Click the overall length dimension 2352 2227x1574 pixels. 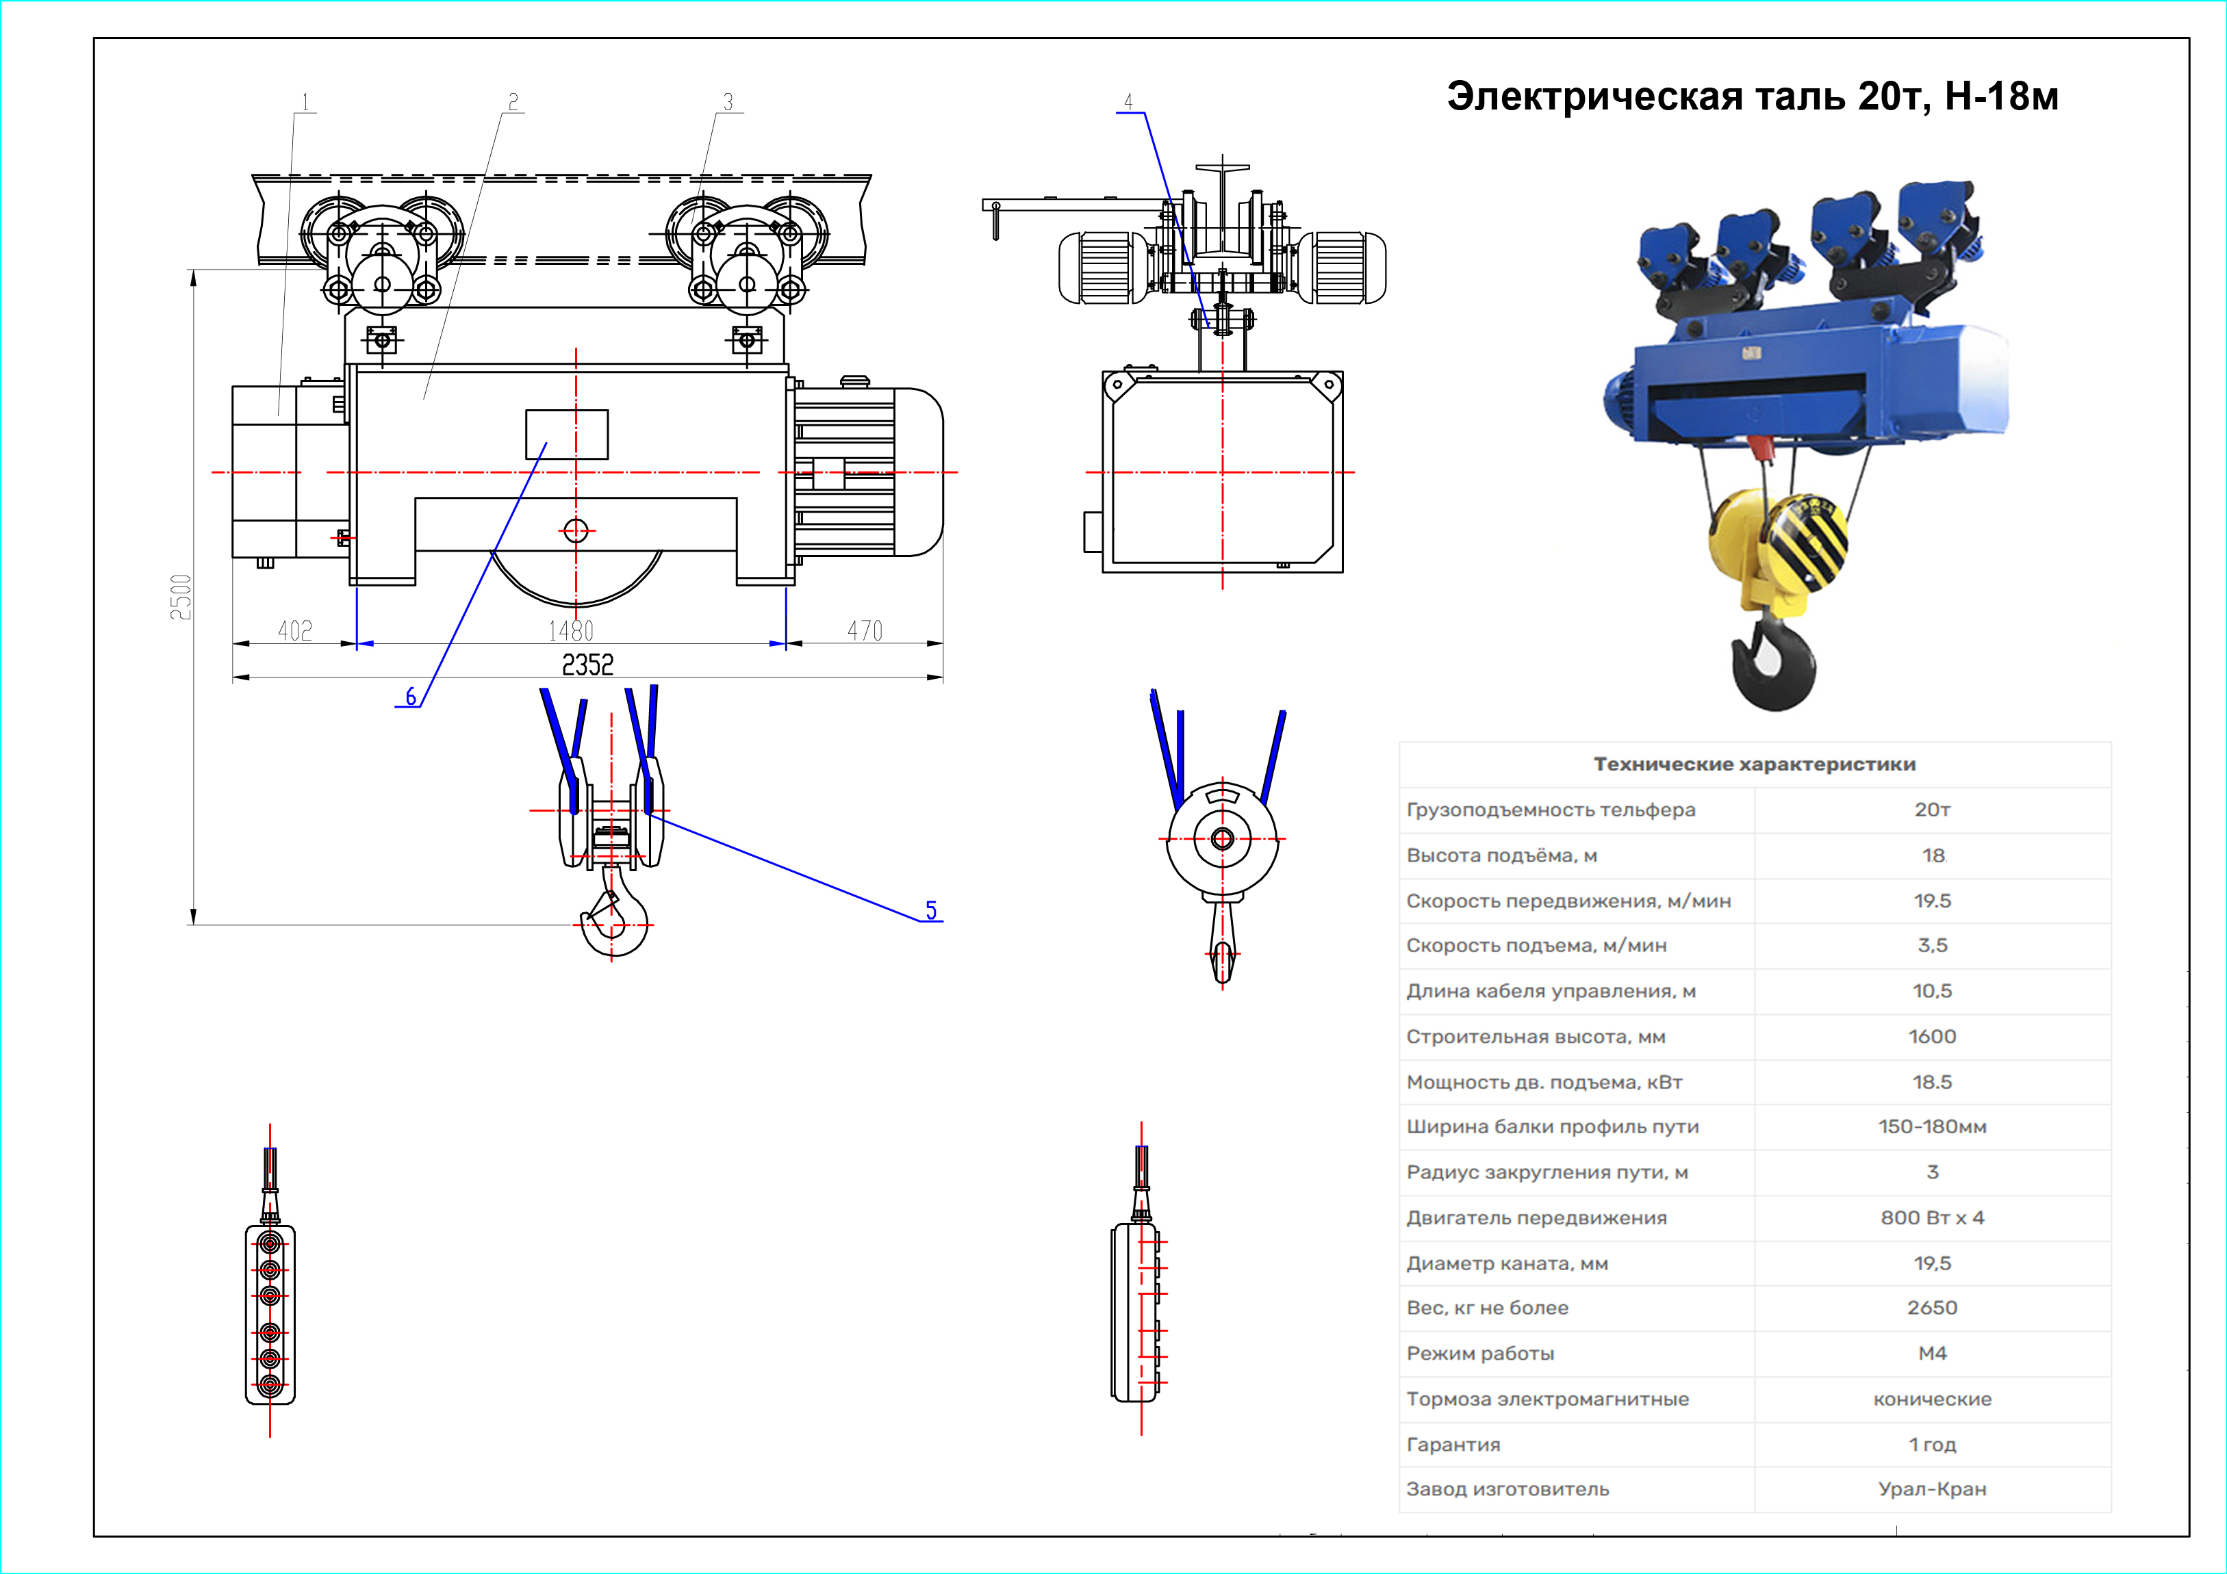coord(588,665)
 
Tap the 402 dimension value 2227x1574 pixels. coord(295,632)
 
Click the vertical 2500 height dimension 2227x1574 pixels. coord(181,597)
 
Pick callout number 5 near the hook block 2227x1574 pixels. coord(931,909)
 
